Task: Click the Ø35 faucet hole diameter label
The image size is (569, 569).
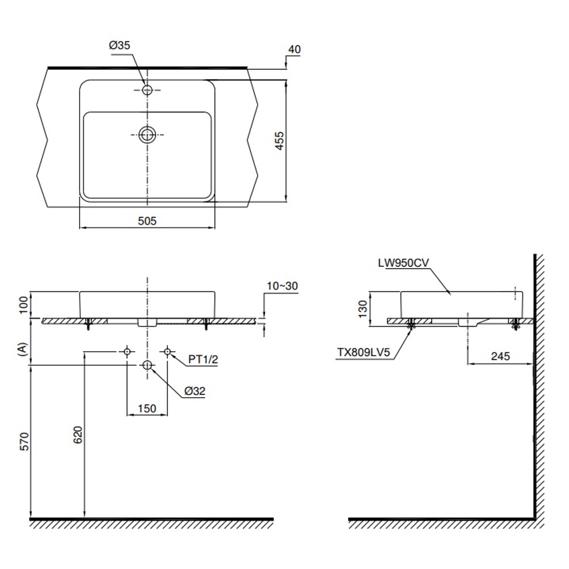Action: click(119, 46)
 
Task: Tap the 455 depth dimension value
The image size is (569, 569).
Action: click(279, 141)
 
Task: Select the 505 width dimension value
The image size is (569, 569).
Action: click(147, 221)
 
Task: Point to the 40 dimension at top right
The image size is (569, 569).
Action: click(294, 50)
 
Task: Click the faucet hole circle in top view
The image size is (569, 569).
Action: click(147, 90)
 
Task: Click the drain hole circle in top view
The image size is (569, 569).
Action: click(147, 135)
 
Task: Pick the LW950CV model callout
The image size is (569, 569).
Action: click(403, 263)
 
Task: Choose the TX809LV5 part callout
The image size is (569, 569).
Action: click(363, 352)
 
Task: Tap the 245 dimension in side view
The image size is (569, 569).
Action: click(500, 356)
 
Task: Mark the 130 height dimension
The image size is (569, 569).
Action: click(363, 309)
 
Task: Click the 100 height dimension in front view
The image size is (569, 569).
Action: click(23, 305)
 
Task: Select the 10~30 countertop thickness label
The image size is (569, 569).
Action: click(282, 286)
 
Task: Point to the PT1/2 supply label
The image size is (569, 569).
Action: click(203, 359)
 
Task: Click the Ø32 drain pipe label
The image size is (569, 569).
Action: click(195, 391)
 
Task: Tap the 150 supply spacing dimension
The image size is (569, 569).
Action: click(147, 409)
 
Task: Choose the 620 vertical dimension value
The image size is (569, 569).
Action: click(77, 435)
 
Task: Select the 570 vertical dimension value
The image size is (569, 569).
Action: click(24, 442)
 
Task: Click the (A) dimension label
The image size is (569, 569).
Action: click(23, 349)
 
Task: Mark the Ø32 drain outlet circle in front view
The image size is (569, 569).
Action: click(147, 365)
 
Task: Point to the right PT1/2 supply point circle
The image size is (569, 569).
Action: click(167, 351)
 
